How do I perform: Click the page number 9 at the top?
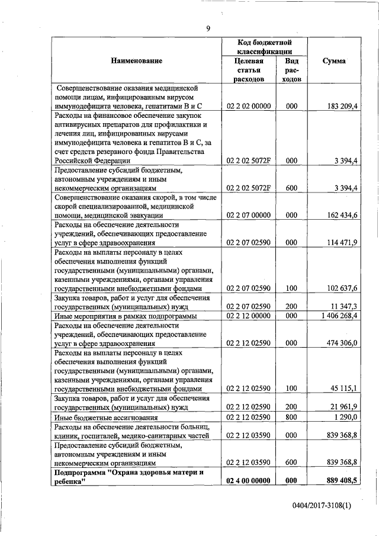click(x=208, y=28)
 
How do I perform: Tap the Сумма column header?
click(x=334, y=61)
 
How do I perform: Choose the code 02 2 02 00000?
click(x=248, y=106)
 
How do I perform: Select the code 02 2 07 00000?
click(x=248, y=215)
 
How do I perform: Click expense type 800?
click(x=291, y=417)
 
